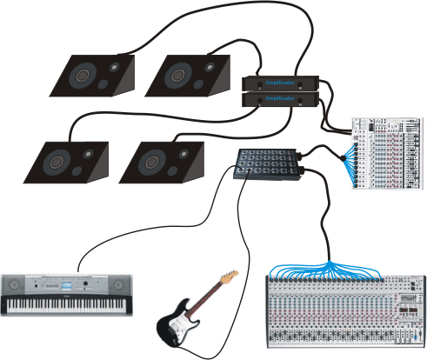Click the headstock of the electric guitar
pos(230,277)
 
